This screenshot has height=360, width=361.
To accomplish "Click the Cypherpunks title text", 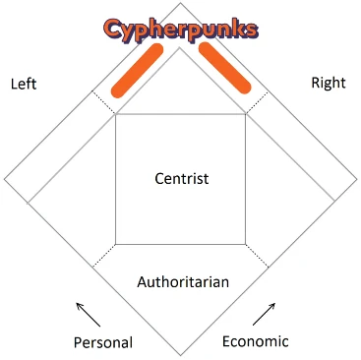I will point(180,29).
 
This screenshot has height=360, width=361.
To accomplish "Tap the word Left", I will point(24,84).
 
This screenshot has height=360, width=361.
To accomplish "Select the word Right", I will point(328,83).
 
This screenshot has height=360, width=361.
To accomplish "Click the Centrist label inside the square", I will point(182,178).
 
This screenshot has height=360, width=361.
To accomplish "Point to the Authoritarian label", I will point(183,282).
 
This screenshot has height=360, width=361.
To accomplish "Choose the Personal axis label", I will point(102,342).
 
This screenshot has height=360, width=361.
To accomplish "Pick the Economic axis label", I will point(255,341).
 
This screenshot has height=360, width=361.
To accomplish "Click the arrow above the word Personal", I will point(88,314).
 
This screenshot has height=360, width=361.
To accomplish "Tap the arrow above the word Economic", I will point(265,314).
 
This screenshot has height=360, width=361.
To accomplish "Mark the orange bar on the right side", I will point(225,71).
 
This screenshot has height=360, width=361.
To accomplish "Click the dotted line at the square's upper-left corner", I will point(104,102).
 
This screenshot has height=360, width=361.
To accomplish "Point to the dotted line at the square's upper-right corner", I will point(257,101).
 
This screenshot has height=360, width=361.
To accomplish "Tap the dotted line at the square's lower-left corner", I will point(104,254).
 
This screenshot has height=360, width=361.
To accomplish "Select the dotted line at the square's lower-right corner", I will point(257,254).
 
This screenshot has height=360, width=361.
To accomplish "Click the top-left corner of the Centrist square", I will point(116,114).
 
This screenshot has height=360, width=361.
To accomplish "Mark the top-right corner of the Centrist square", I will point(246,114).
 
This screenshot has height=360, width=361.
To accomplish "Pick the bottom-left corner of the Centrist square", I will point(116,243).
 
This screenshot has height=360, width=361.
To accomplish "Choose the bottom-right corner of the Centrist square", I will point(246,243).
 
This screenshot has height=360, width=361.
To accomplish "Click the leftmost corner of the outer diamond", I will point(5,179).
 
